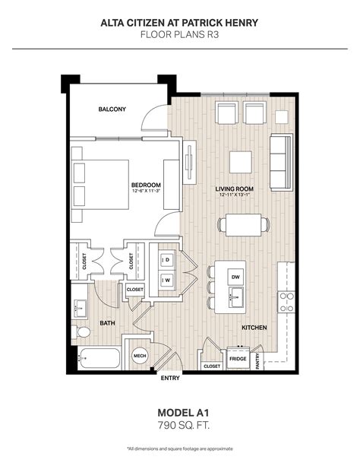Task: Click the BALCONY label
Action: (x=112, y=109)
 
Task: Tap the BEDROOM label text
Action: (x=146, y=185)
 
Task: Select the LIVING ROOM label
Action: (x=234, y=189)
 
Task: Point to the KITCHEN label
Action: (x=254, y=328)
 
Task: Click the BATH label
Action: (x=108, y=323)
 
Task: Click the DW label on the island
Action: (x=235, y=277)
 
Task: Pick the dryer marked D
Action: (x=167, y=261)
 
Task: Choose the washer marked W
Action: (x=167, y=279)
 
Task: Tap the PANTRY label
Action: (x=260, y=360)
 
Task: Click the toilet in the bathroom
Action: (x=83, y=332)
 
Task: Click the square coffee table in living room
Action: (x=241, y=163)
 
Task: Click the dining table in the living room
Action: (x=243, y=224)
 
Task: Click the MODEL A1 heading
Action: (x=180, y=411)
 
